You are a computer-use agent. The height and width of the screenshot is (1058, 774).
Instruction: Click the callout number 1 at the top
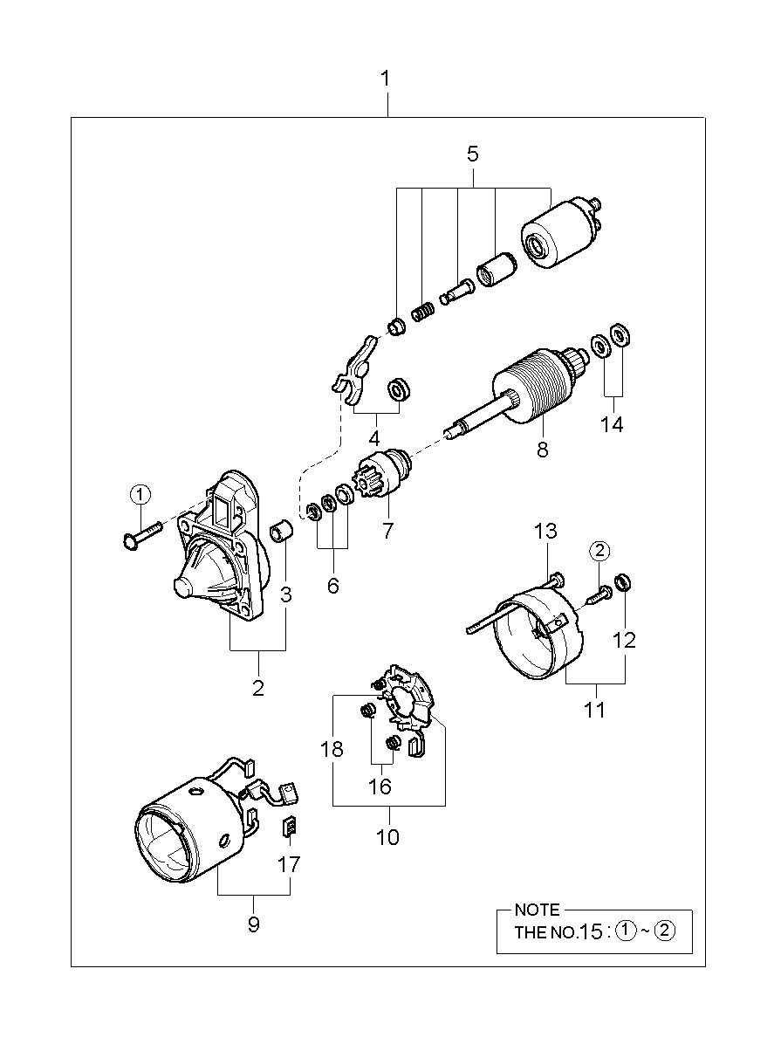click(x=386, y=79)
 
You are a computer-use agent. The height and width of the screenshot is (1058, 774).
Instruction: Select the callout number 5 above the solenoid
click(x=473, y=154)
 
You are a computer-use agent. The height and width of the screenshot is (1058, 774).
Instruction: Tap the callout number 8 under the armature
click(x=543, y=450)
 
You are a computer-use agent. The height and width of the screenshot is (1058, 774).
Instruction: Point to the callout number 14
click(x=612, y=424)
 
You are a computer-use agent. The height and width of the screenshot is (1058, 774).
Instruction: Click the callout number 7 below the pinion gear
click(x=387, y=530)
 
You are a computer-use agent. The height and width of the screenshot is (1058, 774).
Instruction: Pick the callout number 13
click(x=545, y=531)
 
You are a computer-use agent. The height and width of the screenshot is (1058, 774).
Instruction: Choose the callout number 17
click(x=289, y=864)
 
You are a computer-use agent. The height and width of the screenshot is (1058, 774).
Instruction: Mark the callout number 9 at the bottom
click(x=254, y=937)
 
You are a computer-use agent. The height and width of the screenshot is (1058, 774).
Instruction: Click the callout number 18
click(x=332, y=749)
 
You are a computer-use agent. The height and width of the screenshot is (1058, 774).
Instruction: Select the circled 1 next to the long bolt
click(x=140, y=495)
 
